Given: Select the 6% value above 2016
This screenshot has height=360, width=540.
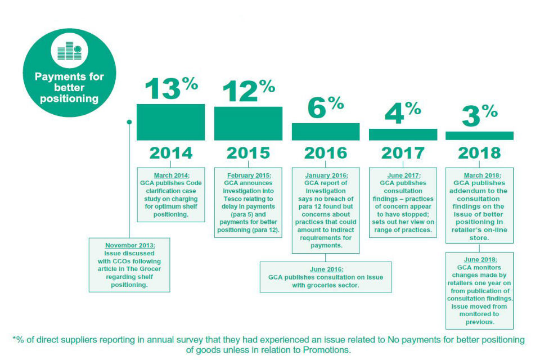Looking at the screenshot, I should coord(325,107).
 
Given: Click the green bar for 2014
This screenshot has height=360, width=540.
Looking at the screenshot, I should coord(170,122).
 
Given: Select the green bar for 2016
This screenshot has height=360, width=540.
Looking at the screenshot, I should coord(325,132).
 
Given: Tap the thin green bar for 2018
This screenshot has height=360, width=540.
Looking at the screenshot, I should coord(479,136).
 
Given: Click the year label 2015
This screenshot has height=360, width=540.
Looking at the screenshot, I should coord(248,153).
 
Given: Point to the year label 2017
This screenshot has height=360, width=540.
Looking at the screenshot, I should coord(403,153).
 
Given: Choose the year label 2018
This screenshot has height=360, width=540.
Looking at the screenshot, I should coord(479,153).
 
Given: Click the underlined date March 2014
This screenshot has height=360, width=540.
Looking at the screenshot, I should coord(170,175).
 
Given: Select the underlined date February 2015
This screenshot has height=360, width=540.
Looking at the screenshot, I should coord(248,175).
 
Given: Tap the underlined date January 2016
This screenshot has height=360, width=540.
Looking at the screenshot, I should coord(325,175).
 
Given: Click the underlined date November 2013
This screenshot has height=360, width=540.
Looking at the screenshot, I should coord(130,245).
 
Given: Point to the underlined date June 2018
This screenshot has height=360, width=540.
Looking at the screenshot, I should coord(479,259).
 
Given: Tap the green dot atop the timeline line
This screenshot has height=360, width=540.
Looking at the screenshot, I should coord(129,121).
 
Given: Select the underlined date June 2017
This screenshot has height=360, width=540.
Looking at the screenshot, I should coord(403,175).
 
